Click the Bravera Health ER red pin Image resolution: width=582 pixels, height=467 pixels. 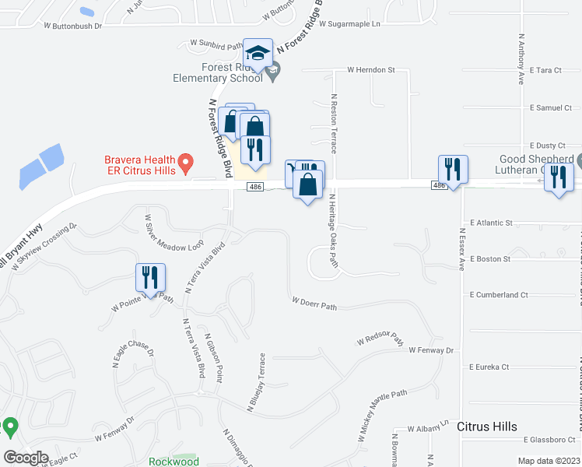point(185,163)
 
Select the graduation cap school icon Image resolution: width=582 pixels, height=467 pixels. point(258,54)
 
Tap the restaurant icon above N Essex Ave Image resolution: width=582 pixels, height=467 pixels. point(452,169)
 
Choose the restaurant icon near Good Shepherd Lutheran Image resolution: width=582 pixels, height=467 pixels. point(558,178)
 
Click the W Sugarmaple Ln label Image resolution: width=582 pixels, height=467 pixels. point(349,25)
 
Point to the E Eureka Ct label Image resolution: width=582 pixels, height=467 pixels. point(489,367)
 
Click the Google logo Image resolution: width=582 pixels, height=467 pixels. point(26,458)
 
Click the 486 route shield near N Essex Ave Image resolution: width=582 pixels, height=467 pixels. point(440,184)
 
